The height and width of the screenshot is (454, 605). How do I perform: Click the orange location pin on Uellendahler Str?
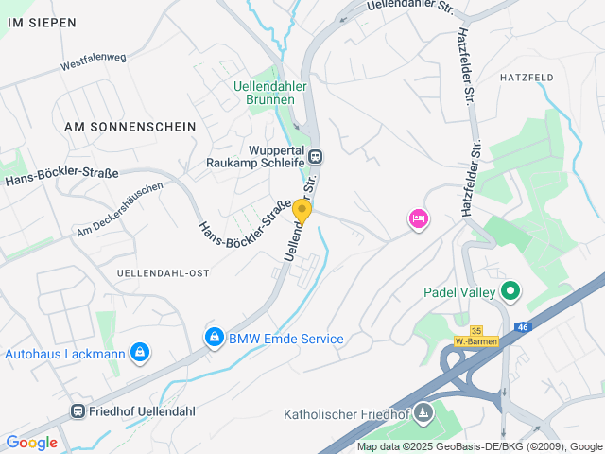click(302, 211)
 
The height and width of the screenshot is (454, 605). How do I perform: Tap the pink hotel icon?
click(418, 219)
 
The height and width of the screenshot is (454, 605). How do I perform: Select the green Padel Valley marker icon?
click(511, 291)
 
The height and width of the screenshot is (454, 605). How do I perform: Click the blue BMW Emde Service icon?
click(215, 337)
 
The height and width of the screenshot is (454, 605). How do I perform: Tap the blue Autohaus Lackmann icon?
click(140, 353)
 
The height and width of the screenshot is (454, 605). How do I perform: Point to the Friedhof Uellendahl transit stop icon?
click(78, 411)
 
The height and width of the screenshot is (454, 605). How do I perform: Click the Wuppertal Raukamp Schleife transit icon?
click(315, 156)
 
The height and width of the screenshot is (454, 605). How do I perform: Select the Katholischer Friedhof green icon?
click(423, 411)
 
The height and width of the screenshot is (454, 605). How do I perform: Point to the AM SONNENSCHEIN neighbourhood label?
click(130, 126)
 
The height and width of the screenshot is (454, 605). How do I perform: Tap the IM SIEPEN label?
click(41, 22)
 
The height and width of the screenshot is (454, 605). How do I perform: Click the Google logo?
click(31, 442)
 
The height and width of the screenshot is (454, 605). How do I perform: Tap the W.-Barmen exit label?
click(475, 341)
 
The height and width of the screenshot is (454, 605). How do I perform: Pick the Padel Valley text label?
click(459, 292)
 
